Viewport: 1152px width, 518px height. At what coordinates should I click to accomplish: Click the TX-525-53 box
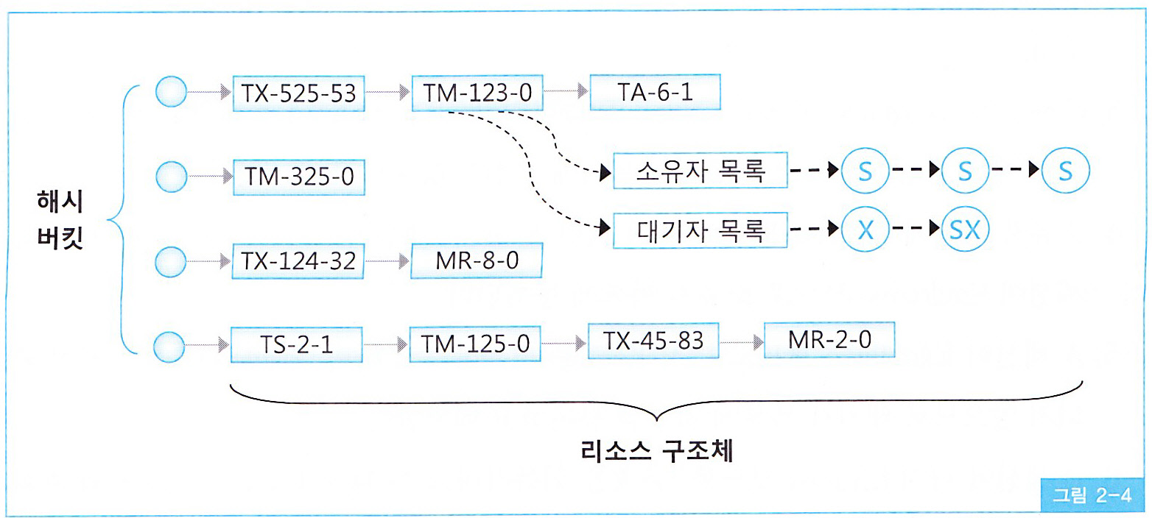click(298, 93)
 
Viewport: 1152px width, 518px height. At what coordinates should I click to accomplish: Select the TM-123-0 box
click(477, 93)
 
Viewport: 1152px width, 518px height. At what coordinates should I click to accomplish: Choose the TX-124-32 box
click(298, 261)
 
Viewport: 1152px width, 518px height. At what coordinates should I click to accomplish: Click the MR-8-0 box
click(477, 261)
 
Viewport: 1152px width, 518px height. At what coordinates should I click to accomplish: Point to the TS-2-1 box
click(298, 344)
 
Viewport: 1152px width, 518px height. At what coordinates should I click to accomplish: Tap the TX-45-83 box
click(654, 341)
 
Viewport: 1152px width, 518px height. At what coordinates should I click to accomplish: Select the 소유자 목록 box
click(700, 172)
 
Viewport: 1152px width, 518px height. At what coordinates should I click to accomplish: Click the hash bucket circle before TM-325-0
click(172, 177)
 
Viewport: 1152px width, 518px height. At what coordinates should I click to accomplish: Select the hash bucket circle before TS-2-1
click(172, 344)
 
